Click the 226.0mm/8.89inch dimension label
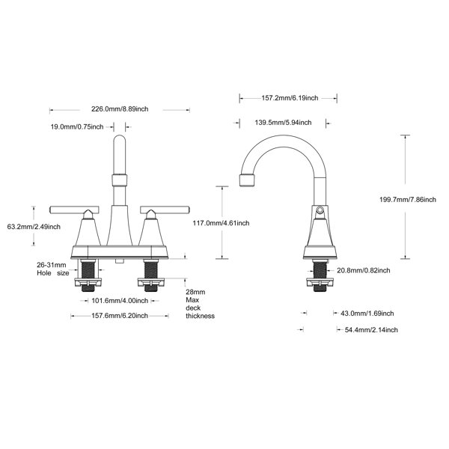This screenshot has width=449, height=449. (x=120, y=109)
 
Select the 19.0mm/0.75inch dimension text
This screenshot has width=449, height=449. (x=77, y=127)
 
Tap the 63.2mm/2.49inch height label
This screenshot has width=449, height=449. (x=34, y=227)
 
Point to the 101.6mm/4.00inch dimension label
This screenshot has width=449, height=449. (x=120, y=301)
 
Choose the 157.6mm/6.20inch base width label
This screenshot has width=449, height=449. (x=120, y=316)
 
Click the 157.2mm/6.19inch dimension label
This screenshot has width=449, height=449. (x=290, y=98)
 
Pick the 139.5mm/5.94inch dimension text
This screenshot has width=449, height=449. (x=283, y=123)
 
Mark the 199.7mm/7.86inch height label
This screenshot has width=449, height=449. (x=408, y=200)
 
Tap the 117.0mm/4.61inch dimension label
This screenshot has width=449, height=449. (x=221, y=223)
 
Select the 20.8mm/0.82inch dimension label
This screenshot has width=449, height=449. (x=364, y=270)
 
